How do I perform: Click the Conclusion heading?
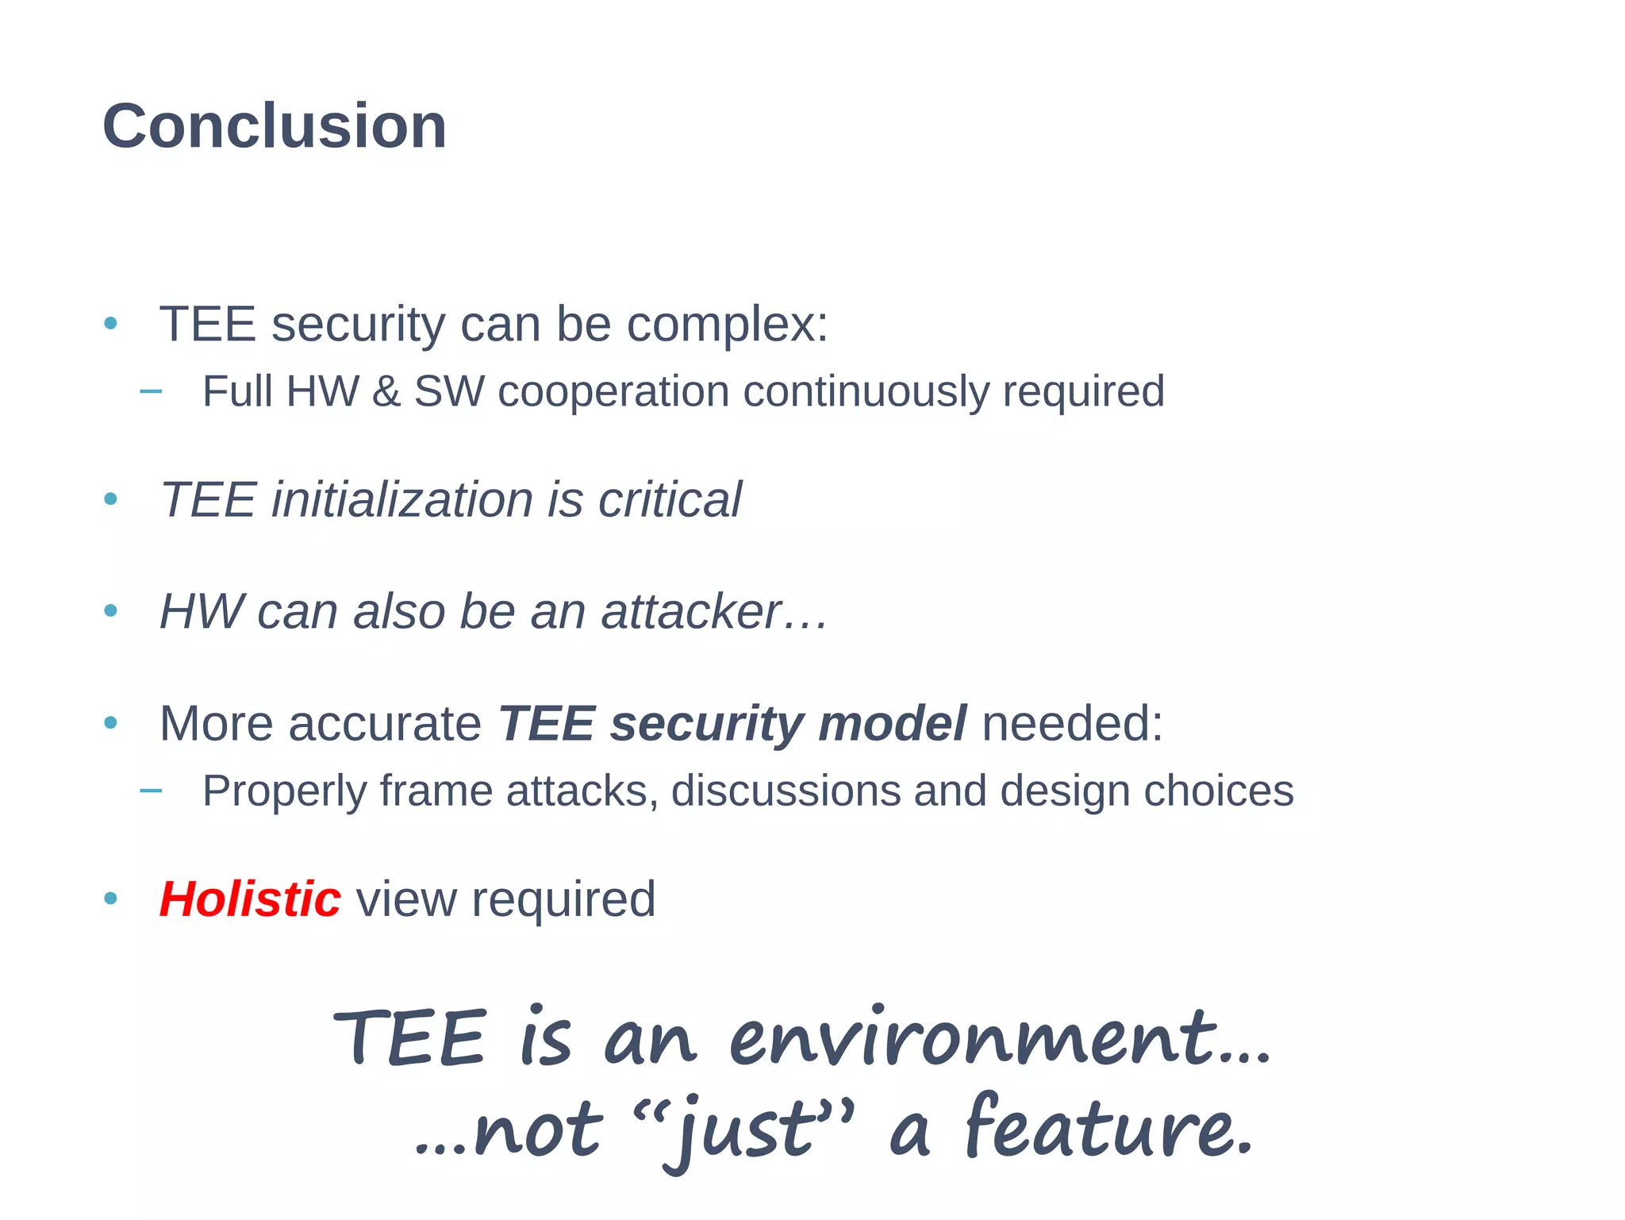coord(275,127)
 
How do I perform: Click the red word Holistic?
coord(250,900)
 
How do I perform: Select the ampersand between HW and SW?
coord(386,391)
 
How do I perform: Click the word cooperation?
coord(613,392)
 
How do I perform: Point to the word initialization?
coord(401,500)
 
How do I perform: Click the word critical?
coord(670,500)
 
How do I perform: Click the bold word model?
coord(892,724)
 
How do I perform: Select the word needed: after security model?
coord(1072,724)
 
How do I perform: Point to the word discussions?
coord(786,791)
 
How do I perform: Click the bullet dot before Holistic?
coord(111,899)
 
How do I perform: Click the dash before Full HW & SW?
coord(151,391)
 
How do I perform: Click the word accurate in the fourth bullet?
coord(384,724)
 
